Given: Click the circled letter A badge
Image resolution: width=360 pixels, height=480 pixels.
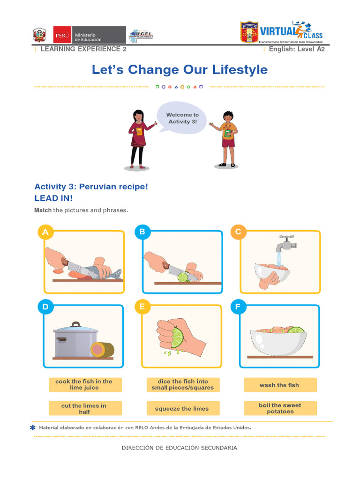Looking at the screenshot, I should (x=45, y=232).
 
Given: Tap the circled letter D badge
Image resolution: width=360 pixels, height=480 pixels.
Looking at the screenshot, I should (x=45, y=307).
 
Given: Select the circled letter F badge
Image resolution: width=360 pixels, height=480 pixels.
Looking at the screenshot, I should (x=238, y=307).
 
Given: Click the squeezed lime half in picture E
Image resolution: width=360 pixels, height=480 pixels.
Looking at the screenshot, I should (x=176, y=337).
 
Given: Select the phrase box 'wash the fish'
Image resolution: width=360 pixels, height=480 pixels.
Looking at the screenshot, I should (x=279, y=385).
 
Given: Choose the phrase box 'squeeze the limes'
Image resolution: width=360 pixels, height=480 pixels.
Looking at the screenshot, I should (x=182, y=409).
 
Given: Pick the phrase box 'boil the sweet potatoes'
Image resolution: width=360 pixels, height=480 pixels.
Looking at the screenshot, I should (x=280, y=408).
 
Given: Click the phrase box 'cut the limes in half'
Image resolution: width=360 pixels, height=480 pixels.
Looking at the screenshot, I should (x=84, y=408).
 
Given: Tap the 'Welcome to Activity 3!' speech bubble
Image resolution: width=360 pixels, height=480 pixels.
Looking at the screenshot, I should (x=182, y=118).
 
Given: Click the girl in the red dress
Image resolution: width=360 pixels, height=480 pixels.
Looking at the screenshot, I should (x=138, y=138).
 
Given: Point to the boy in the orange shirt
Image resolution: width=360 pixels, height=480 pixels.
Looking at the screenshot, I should (x=228, y=138).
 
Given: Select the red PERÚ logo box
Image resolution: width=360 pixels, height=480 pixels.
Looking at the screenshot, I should (x=62, y=35).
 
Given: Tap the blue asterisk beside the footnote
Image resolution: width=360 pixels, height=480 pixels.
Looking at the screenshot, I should (x=33, y=427).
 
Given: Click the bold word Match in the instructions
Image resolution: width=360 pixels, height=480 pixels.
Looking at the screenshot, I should (x=43, y=210).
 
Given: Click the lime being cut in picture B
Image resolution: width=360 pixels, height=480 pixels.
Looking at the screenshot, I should (x=182, y=277).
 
